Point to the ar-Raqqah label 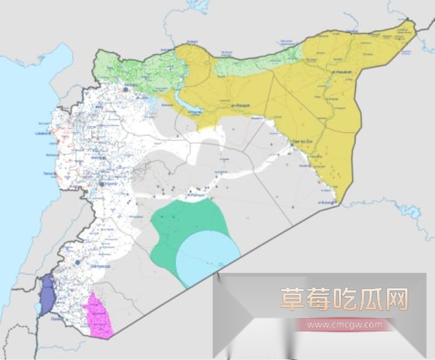[240, 105]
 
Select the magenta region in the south [98, 315]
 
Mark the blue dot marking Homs [102, 185]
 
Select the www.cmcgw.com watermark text [344, 325]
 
